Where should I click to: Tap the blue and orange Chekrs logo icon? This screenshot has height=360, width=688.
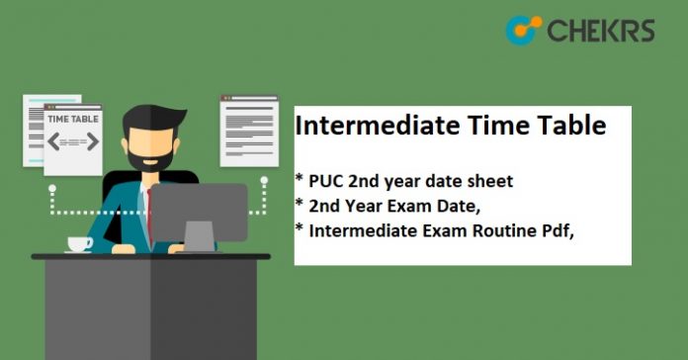[523, 30]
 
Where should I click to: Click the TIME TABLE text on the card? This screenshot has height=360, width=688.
[72, 120]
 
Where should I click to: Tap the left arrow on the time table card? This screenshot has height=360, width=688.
[53, 141]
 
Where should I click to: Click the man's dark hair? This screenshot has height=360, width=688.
[148, 107]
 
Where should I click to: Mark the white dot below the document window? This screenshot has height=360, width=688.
[264, 181]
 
